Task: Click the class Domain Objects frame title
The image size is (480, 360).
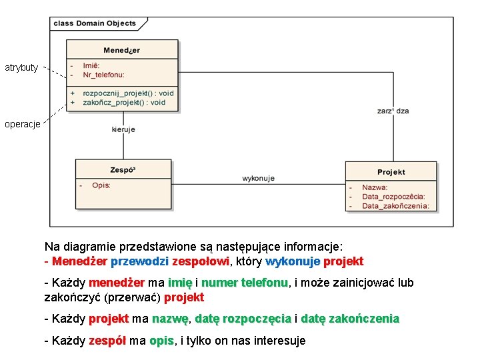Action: coord(95,23)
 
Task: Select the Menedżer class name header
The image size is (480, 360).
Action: coord(122,50)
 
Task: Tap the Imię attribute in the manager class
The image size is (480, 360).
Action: coord(91,65)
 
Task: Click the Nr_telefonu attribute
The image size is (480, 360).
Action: coord(103,75)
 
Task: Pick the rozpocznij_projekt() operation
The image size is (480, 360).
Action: coord(128,93)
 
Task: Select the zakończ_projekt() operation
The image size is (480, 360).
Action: coord(124,103)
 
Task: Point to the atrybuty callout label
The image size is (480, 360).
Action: coord(21,67)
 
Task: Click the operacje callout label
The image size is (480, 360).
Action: coord(21,123)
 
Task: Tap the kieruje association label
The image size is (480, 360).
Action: coord(123,129)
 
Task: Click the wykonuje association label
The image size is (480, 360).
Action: coord(258,178)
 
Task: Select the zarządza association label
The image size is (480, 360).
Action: coord(393,111)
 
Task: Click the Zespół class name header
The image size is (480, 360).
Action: coord(123,170)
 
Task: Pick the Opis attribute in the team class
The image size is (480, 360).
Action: coord(101,185)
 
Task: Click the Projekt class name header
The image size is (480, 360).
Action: coord(391,172)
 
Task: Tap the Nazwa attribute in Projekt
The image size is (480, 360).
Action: coord(375,188)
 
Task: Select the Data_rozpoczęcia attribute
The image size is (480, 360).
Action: coord(393,197)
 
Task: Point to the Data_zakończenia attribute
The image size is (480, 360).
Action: coord(395,206)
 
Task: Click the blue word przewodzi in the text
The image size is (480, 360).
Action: coord(139,261)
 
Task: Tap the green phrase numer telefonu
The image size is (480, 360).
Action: coord(244,283)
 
